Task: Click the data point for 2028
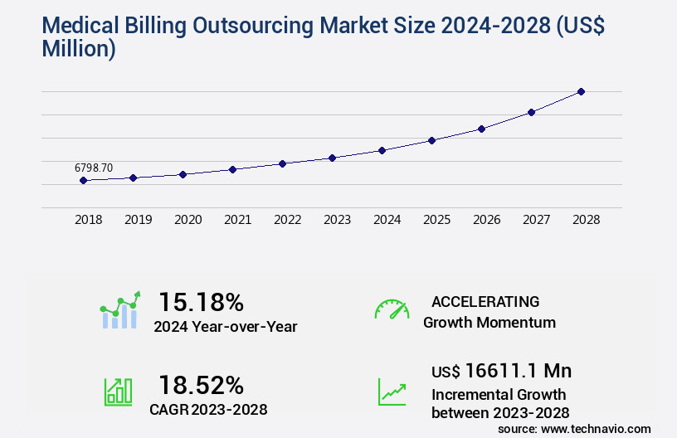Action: (x=581, y=91)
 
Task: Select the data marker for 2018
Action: (x=83, y=180)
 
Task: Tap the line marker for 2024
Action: (x=382, y=150)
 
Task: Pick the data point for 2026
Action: (x=481, y=129)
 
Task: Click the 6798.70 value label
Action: (x=94, y=168)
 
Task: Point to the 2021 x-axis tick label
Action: (x=238, y=220)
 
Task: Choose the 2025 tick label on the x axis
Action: (x=437, y=220)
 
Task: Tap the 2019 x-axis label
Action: (x=139, y=220)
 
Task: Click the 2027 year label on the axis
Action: (x=537, y=220)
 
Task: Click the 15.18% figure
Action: (x=201, y=301)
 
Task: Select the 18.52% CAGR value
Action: (x=201, y=385)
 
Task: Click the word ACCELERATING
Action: (x=485, y=301)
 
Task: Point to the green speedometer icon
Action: (x=392, y=309)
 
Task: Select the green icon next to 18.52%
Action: (x=118, y=392)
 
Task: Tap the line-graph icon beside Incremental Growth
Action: (x=392, y=392)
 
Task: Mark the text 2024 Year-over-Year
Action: (x=225, y=327)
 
